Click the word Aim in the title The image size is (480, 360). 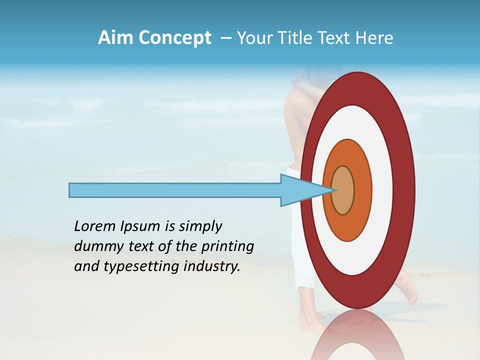click(x=116, y=38)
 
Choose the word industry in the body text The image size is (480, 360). click(x=212, y=266)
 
